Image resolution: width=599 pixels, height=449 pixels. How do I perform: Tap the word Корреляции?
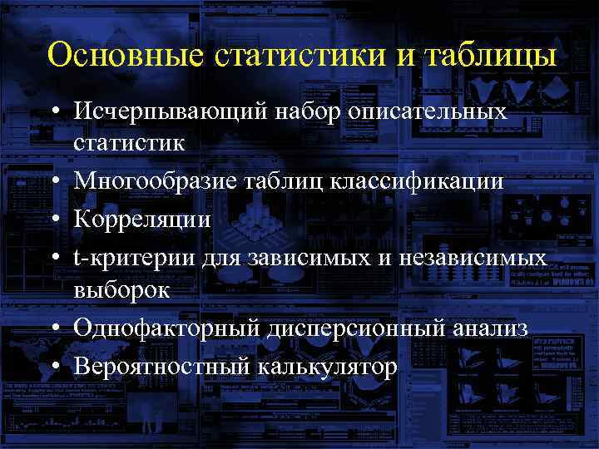point(141,220)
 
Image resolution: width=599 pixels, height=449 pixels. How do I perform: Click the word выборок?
point(121,290)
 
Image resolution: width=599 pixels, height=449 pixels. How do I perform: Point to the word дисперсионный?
point(347,328)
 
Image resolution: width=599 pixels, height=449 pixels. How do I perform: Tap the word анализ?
point(489,328)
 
